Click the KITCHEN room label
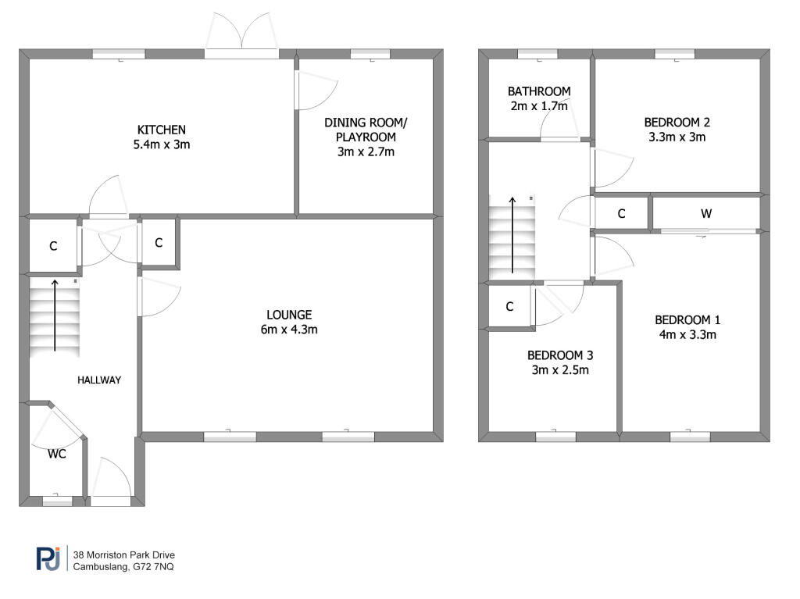coord(162,130)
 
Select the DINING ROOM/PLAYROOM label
coord(366,130)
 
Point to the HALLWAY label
coord(99,380)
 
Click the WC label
coord(56,453)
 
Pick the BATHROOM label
coord(538,91)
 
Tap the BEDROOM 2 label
coord(677,123)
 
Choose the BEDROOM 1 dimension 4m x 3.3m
coord(687,335)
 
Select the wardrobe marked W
coord(706,213)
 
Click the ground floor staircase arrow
coord(55,316)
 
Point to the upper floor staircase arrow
coord(512,234)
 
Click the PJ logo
coord(48,558)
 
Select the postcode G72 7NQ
coord(153,567)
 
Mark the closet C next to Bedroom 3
coord(509,307)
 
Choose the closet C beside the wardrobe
coord(622,213)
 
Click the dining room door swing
coord(314,91)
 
